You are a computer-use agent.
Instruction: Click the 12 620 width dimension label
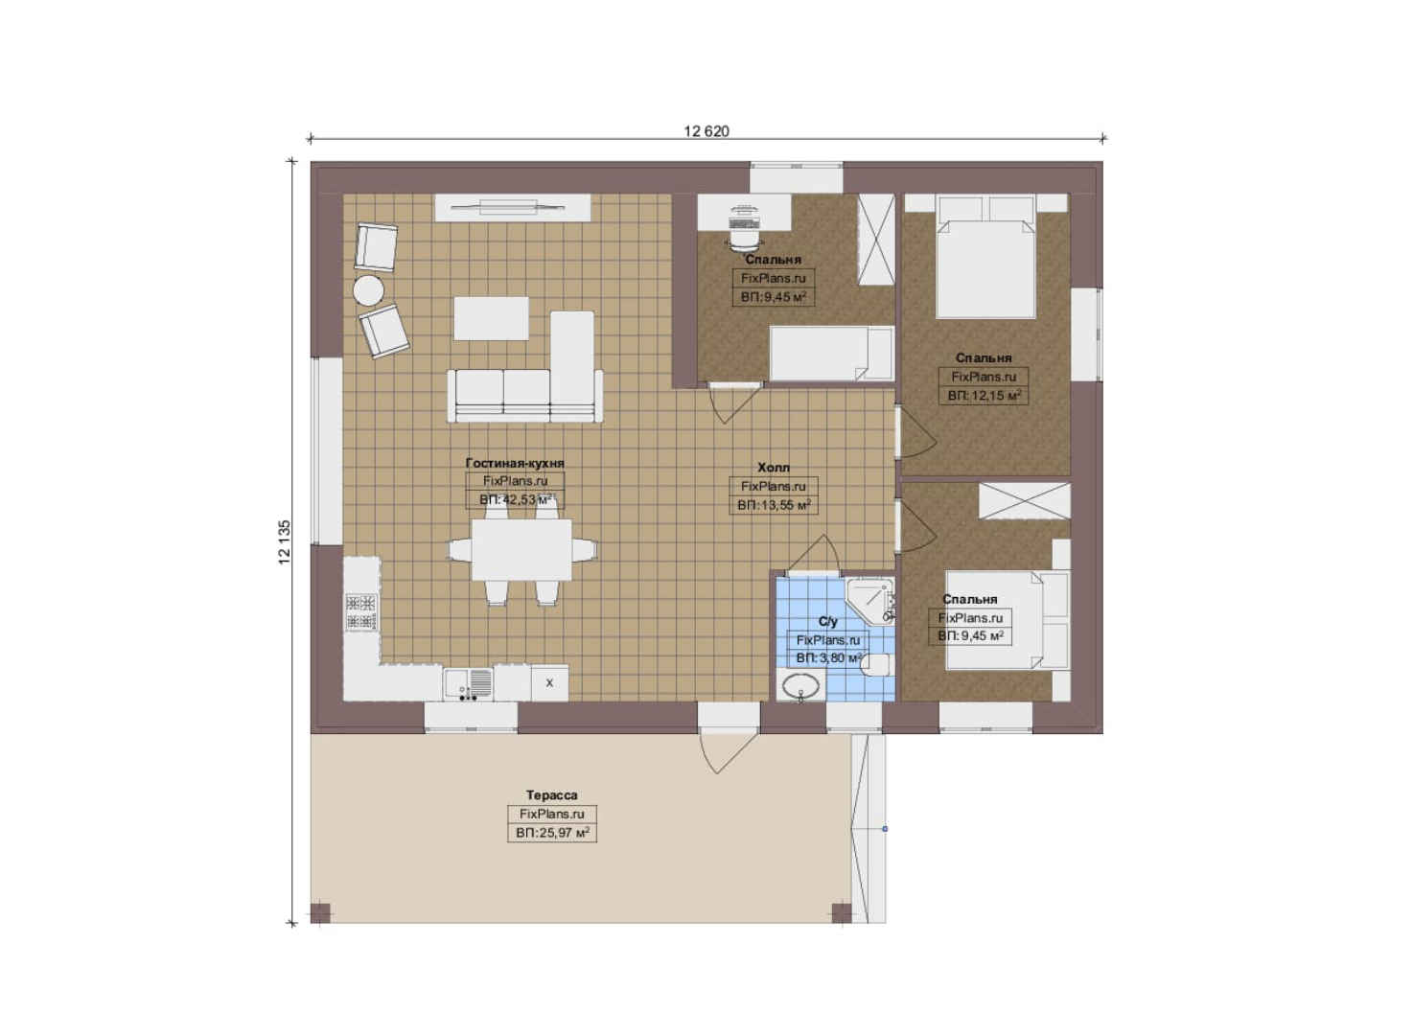(706, 131)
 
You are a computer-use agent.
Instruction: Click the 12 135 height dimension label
(285, 541)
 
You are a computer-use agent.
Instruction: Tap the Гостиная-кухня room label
(515, 462)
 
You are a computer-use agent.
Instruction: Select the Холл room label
(773, 468)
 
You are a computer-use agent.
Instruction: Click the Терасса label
(552, 795)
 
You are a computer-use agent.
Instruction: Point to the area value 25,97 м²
(552, 833)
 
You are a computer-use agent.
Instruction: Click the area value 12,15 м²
(984, 396)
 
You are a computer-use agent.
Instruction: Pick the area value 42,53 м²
(516, 499)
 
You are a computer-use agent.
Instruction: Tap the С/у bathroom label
(827, 621)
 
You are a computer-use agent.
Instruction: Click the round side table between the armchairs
(368, 290)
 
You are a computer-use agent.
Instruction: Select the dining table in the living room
(521, 549)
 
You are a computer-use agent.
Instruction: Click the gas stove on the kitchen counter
(361, 611)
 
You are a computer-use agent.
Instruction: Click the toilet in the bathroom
(876, 665)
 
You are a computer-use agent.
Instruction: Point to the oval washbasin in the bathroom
(800, 685)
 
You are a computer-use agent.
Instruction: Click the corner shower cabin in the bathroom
(869, 601)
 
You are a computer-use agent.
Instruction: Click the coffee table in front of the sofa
(492, 318)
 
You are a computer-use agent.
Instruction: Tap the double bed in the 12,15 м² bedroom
(986, 258)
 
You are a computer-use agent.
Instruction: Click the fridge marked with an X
(549, 682)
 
